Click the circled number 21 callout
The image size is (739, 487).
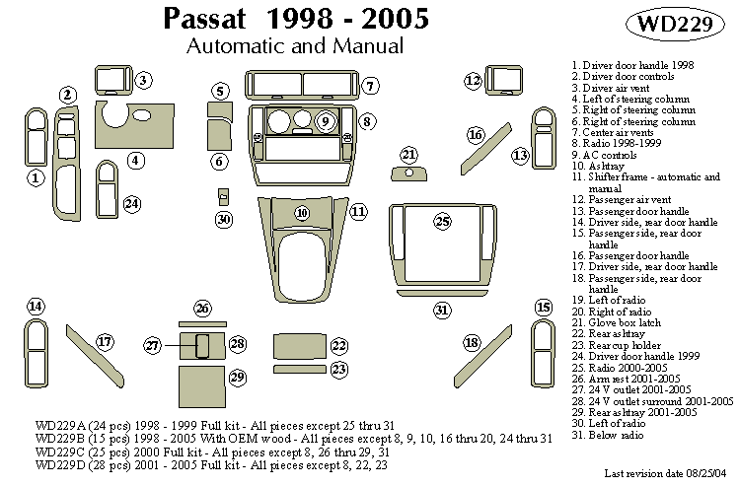click(409, 154)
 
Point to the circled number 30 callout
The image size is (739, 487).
click(224, 219)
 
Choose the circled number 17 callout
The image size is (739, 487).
click(105, 341)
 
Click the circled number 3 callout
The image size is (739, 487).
click(143, 80)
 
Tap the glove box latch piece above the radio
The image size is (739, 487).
click(408, 174)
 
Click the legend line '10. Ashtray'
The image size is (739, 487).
click(597, 167)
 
